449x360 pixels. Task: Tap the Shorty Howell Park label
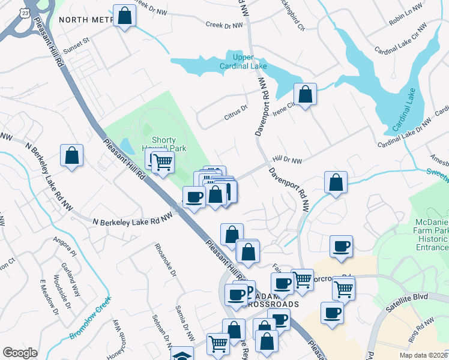(x=168, y=144)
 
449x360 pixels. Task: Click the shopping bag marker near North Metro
(x=124, y=16)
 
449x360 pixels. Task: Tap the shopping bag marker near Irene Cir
(x=305, y=94)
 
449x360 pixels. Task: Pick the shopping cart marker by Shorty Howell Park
(x=163, y=161)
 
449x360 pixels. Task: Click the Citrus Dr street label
(x=237, y=109)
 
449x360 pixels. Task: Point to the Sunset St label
(x=77, y=41)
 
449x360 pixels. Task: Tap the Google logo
(x=20, y=353)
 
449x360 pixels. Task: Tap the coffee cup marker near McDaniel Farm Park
(x=341, y=245)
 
